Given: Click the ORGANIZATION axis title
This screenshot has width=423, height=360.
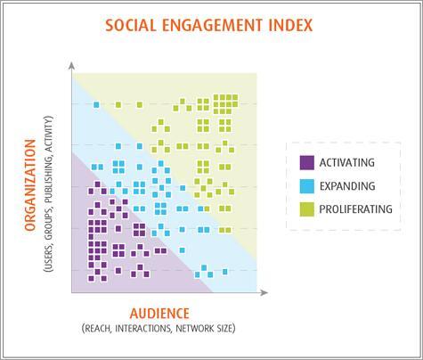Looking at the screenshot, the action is click(x=30, y=185).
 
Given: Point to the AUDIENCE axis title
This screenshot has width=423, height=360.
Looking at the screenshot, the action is click(x=159, y=314).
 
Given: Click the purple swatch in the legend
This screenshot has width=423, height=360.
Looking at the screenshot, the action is click(x=306, y=162).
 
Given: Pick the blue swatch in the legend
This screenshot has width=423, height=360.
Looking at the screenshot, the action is click(x=306, y=186).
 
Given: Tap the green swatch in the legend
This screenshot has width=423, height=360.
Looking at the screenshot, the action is click(x=306, y=209).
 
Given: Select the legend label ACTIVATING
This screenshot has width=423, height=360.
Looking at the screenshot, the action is click(x=347, y=162).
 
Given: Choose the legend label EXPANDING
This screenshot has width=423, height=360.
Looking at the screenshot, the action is click(x=347, y=186).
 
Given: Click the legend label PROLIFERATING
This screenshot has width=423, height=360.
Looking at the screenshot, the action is click(x=355, y=209).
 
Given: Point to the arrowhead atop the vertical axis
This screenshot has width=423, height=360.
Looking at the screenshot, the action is click(x=71, y=65).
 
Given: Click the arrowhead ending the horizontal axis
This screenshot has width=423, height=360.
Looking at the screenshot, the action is click(x=264, y=292).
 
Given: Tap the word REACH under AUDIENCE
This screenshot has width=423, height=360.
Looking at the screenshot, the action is click(x=96, y=329).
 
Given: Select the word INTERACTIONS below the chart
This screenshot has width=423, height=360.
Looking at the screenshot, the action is click(x=143, y=329).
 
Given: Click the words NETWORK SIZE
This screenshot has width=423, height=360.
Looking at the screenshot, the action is click(x=206, y=329).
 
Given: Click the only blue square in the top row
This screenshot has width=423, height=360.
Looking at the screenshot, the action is click(x=96, y=104).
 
